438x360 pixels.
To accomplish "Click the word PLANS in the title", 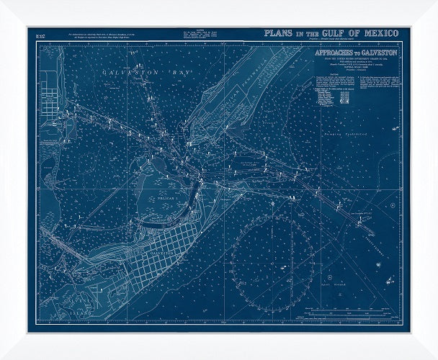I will (280, 33).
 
